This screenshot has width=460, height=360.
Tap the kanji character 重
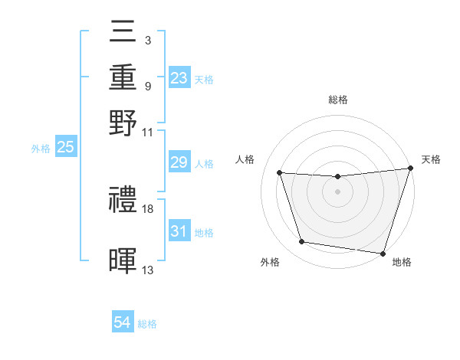[x=123, y=77]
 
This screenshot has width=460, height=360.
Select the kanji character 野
[x=123, y=123]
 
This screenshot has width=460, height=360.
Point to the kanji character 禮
[x=123, y=201]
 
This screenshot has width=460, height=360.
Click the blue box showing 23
[x=179, y=77]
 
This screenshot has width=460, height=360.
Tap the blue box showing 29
[x=179, y=163]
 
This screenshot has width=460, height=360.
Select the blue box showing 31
[x=179, y=231]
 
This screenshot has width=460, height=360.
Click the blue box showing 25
[x=65, y=148]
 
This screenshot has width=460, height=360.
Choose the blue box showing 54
[x=123, y=323]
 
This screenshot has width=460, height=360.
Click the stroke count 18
[x=149, y=208]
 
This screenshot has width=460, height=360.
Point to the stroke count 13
[x=148, y=269]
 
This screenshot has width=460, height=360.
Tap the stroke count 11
[x=148, y=131]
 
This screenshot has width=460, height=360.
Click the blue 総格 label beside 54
[x=147, y=324]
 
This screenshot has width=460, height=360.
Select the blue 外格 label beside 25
[x=41, y=149]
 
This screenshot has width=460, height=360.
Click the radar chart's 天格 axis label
[x=431, y=159]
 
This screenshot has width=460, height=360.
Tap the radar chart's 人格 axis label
[x=245, y=159]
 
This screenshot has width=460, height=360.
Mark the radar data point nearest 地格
[x=383, y=254]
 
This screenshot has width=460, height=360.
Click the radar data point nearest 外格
[x=302, y=243]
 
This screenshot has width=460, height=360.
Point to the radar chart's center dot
[x=337, y=191]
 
